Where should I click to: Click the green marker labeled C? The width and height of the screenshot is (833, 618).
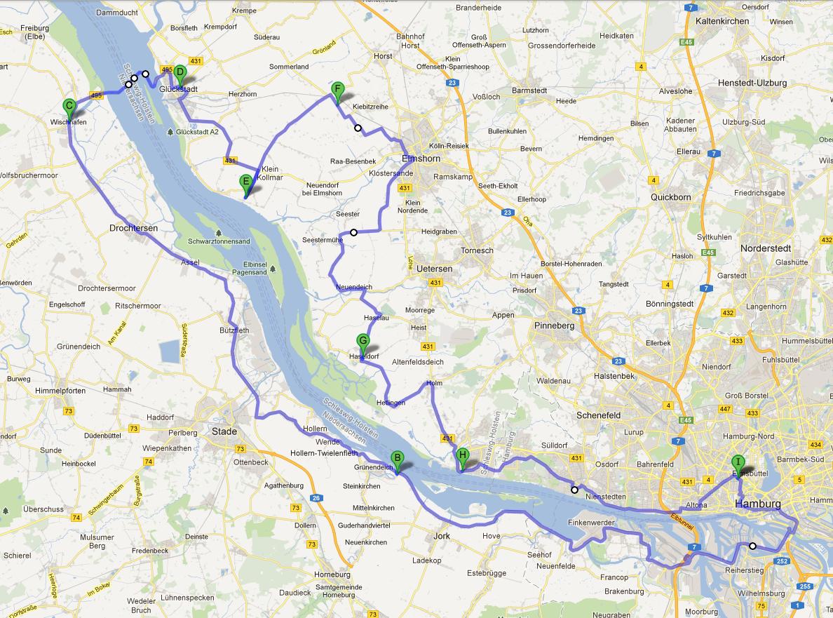[x=69, y=107]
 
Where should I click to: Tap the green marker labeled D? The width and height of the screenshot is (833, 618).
[x=180, y=72]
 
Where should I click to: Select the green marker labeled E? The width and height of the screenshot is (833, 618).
[x=245, y=182]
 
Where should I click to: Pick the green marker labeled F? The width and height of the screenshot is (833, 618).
[x=337, y=90]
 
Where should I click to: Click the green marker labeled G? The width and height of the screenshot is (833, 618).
[x=363, y=342]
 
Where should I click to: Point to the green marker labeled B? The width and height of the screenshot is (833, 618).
[x=397, y=459]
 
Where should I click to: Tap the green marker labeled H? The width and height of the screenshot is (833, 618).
[x=462, y=456]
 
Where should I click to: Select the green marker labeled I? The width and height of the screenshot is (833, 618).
[x=738, y=463]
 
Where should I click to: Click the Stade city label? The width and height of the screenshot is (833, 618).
[x=224, y=431]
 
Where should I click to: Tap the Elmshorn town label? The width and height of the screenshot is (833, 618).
[x=421, y=158]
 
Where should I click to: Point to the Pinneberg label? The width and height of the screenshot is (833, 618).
[x=554, y=325]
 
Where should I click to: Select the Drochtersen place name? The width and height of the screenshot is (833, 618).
[x=133, y=228]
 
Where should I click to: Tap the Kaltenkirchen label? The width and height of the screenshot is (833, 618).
[x=722, y=21]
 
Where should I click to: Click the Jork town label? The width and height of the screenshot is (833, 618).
[x=442, y=535]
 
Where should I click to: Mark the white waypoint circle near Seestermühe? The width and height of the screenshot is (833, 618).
[x=354, y=232]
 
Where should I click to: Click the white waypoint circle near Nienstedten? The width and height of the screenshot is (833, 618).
[x=574, y=490]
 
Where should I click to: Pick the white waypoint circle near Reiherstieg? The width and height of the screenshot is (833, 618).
[x=752, y=546]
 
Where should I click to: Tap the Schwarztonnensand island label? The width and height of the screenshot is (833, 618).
[x=219, y=241]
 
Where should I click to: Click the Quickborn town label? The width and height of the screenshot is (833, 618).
[x=671, y=197]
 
